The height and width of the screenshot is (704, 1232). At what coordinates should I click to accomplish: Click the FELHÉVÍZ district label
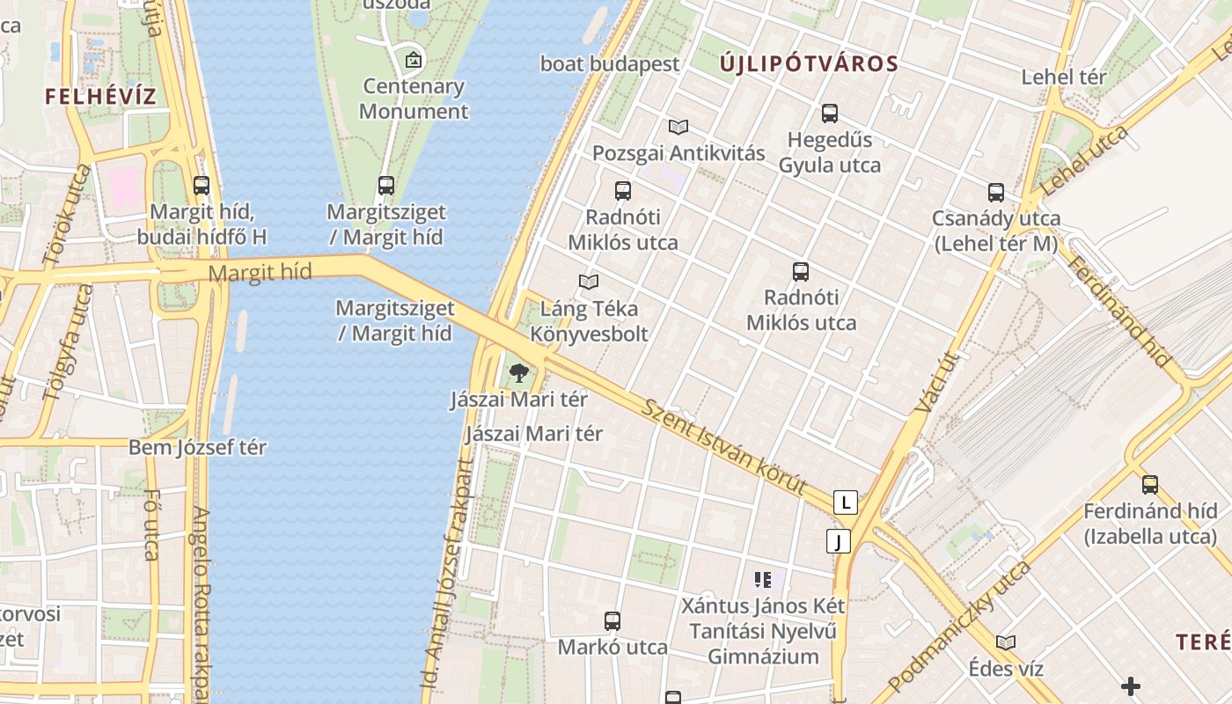[x=100, y=97]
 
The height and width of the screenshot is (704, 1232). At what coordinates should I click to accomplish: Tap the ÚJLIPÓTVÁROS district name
[x=809, y=63]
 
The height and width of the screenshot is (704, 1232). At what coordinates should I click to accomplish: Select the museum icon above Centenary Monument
[x=413, y=61]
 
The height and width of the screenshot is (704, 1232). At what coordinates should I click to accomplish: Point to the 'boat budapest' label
[x=610, y=64]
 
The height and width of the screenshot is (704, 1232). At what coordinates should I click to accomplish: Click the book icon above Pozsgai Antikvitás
[x=678, y=128]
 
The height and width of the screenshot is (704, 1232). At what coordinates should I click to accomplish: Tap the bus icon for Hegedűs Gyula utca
[x=829, y=114]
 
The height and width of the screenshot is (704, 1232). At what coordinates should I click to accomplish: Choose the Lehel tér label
[x=1063, y=77]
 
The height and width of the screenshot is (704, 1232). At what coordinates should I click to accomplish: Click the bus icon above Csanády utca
[x=995, y=193]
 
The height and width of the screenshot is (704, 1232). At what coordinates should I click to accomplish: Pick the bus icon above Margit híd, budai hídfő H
[x=202, y=186]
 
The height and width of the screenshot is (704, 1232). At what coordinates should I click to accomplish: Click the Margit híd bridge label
[x=260, y=273]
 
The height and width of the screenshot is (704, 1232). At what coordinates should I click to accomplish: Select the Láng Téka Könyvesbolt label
[x=589, y=321]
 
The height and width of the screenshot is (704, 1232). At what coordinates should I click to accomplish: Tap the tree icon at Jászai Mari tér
[x=518, y=373]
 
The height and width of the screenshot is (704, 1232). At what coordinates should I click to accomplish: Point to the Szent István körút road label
[x=724, y=447]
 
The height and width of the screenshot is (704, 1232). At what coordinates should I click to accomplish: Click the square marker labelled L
[x=845, y=502]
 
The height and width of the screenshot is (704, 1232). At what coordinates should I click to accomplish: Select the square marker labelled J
[x=839, y=541]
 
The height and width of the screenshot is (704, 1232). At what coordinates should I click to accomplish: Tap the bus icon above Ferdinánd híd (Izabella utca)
[x=1149, y=485]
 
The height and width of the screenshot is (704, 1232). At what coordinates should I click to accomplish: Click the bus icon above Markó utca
[x=612, y=621]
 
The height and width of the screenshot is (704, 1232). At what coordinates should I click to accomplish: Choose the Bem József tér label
[x=197, y=447]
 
